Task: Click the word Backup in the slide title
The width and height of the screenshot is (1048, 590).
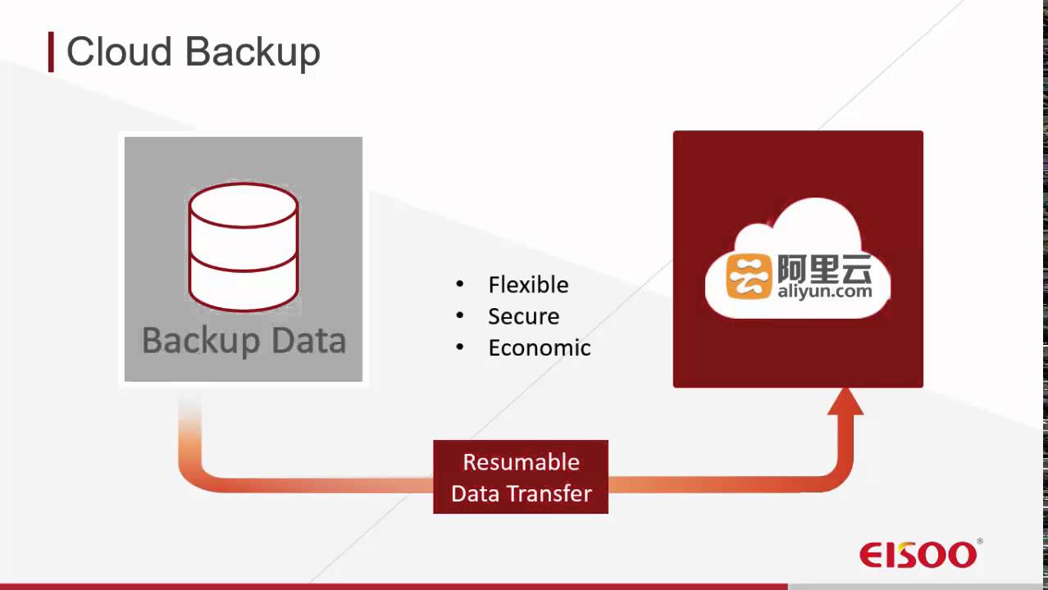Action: coord(252,52)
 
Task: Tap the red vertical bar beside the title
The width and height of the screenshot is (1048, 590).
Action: coord(51,52)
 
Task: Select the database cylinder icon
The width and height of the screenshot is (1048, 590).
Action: coord(244,246)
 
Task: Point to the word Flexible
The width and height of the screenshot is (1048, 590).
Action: coord(528,285)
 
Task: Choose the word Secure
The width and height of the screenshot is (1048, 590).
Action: coord(523,316)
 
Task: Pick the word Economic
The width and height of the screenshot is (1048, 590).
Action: coord(539,347)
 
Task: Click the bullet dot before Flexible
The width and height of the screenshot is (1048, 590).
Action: coord(460,284)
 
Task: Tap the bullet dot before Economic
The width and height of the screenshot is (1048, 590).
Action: coord(460,347)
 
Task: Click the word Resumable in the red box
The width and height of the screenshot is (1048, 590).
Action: coord(521,462)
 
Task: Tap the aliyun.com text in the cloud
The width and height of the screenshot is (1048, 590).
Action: coord(824,291)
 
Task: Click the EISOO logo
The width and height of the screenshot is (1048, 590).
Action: coord(918,555)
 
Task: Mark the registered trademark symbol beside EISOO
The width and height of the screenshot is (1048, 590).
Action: coord(980,542)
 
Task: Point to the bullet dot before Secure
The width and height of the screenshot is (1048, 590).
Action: coord(460,316)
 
